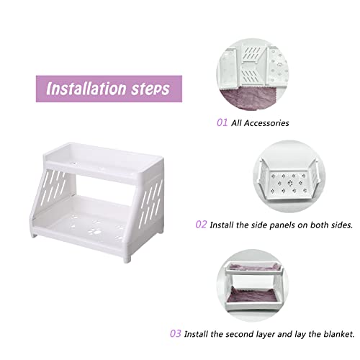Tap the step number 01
pyautogui.click(x=222, y=122)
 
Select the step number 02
pyautogui.click(x=201, y=225)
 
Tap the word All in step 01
pyautogui.click(x=236, y=123)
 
